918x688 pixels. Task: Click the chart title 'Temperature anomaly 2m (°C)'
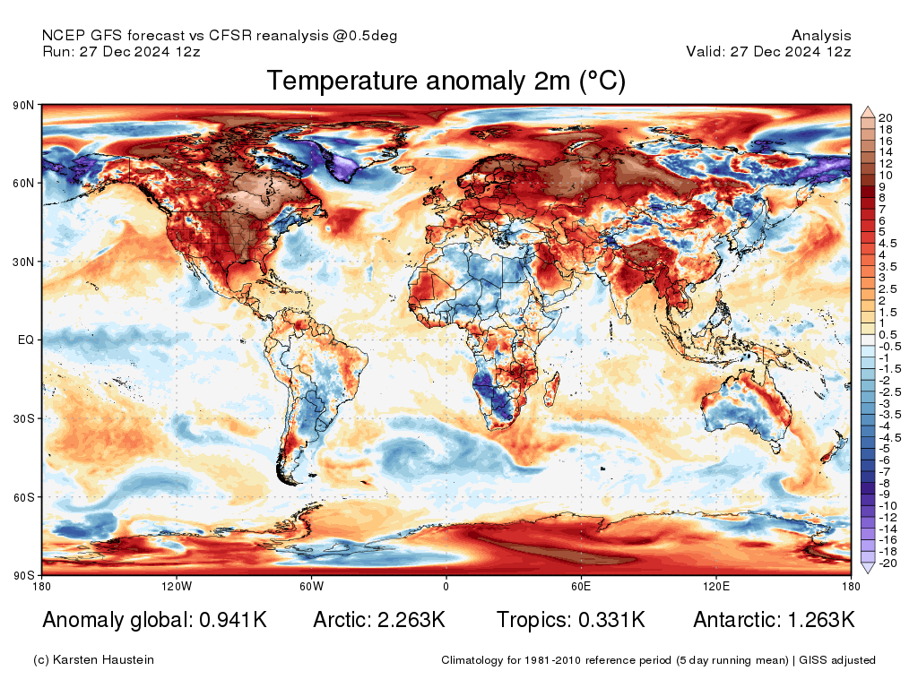coord(446,82)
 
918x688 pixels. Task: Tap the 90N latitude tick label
coord(23,106)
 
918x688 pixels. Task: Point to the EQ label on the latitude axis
coord(26,340)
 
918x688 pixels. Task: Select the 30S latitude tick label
coord(23,418)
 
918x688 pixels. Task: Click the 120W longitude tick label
coord(177,587)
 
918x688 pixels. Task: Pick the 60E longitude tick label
coord(580,587)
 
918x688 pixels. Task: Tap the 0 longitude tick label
coord(446,587)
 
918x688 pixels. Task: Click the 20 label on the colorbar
coord(885,117)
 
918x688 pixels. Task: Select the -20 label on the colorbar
coord(887,563)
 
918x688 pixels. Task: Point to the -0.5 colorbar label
coord(889,346)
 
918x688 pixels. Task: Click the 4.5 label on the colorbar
coord(888,243)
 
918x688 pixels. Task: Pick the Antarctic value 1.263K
coord(814,620)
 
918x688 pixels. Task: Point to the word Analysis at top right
coord(821,36)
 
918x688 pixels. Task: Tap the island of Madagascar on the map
coord(552,391)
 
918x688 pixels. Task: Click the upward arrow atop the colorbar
coord(867,112)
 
